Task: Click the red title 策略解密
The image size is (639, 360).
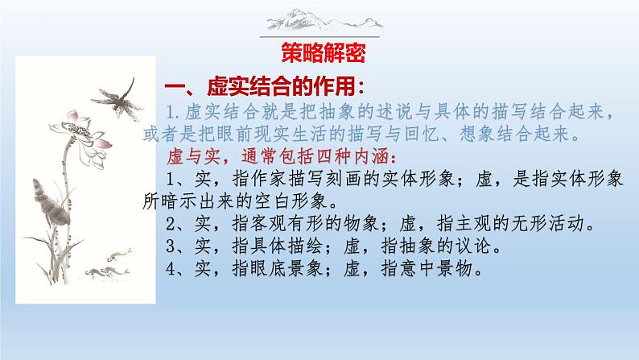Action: coord(324,53)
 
